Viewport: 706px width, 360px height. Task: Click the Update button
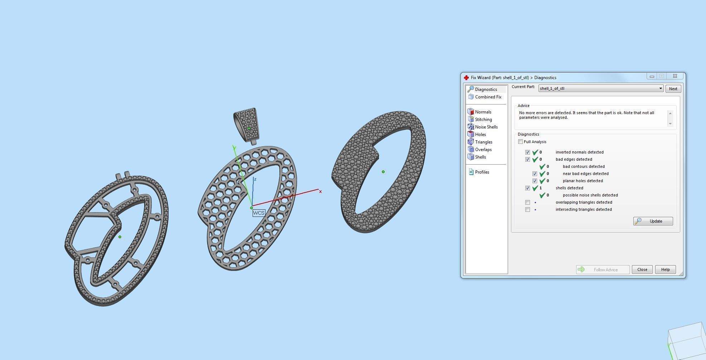(x=653, y=221)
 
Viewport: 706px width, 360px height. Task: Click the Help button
(x=665, y=269)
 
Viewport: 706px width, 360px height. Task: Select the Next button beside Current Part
(x=673, y=89)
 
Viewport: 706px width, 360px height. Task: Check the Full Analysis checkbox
(x=521, y=142)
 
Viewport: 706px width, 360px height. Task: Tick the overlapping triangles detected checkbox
(x=527, y=202)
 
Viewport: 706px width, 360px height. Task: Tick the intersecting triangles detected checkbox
(x=527, y=209)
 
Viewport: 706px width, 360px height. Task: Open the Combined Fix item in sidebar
(x=488, y=97)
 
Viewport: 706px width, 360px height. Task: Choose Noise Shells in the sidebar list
(x=486, y=127)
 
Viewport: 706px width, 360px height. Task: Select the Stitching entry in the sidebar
(x=483, y=120)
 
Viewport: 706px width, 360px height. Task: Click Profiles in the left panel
(x=482, y=172)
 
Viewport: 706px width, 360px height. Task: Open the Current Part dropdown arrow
(x=660, y=89)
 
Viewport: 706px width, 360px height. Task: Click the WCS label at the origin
(x=258, y=213)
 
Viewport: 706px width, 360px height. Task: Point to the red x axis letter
(x=320, y=192)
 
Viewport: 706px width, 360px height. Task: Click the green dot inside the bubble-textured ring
(x=383, y=172)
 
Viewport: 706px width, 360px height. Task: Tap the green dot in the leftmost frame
(x=120, y=237)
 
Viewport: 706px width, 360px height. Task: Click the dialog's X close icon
(x=675, y=76)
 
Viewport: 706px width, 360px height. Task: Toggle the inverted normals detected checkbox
(x=527, y=152)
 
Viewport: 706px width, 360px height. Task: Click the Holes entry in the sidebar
(x=480, y=135)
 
